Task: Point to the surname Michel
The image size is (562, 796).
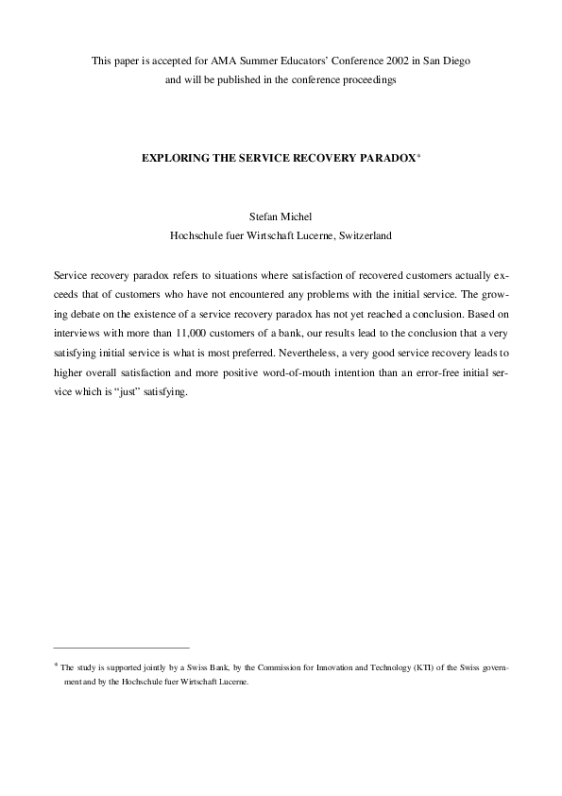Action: pyautogui.click(x=299, y=216)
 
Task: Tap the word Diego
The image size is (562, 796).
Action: pyautogui.click(x=454, y=61)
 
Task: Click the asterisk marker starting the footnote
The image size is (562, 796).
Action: pyautogui.click(x=56, y=666)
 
